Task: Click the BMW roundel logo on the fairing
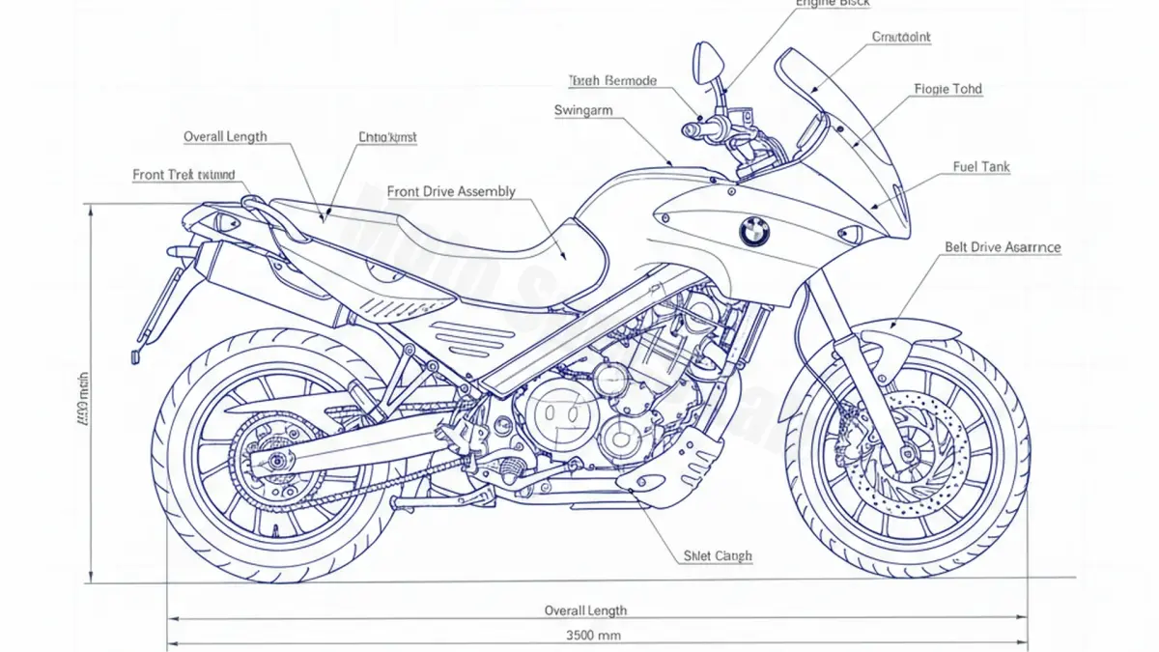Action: click(753, 230)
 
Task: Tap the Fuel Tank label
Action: click(981, 167)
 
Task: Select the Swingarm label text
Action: click(583, 110)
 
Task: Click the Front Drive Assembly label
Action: click(451, 191)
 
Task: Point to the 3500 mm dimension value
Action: click(593, 636)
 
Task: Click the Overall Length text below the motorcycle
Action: click(585, 609)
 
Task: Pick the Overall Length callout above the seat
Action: click(225, 136)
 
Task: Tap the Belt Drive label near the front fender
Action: click(1003, 247)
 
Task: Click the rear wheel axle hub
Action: click(278, 462)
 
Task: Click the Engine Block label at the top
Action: click(833, 4)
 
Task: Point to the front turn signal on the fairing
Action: click(850, 234)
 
